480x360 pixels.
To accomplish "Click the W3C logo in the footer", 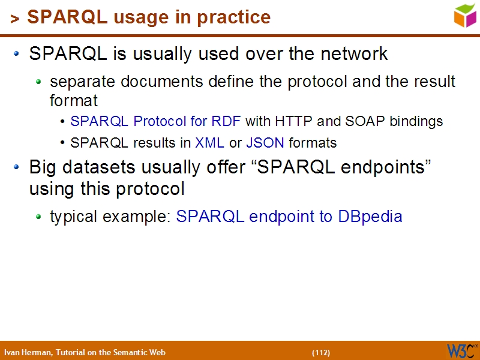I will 461,350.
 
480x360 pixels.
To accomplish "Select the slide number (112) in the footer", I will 320,352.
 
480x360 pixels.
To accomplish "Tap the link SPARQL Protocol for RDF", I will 155,121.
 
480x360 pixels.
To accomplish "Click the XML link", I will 210,143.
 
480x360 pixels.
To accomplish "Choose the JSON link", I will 265,143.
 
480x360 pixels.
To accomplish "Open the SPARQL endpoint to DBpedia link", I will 289,216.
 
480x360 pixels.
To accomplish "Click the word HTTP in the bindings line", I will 294,121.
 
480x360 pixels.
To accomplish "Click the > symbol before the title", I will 15,19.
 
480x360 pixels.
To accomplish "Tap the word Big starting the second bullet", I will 43,167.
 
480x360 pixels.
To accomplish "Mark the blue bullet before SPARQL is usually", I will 18,54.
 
